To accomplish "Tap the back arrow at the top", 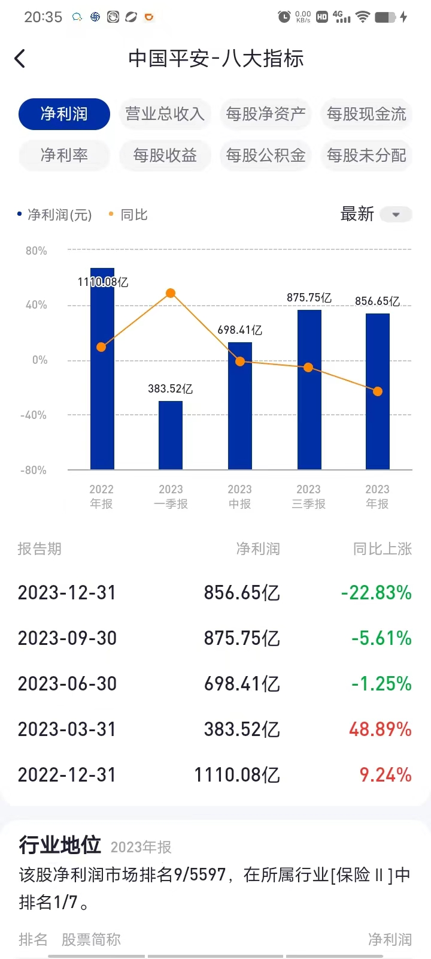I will pyautogui.click(x=20, y=59).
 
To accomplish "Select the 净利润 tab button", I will pyautogui.click(x=64, y=114).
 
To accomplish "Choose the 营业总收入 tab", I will pyautogui.click(x=165, y=114).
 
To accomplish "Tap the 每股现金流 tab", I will pyautogui.click(x=366, y=114).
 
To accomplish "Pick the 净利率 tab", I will pyautogui.click(x=64, y=155).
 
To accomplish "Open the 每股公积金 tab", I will pyautogui.click(x=266, y=155).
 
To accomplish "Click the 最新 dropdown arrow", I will pyautogui.click(x=396, y=215).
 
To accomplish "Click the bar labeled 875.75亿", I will pyautogui.click(x=309, y=390).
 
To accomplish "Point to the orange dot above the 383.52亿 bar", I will pyautogui.click(x=171, y=293).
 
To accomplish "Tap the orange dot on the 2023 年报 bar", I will pyautogui.click(x=378, y=391).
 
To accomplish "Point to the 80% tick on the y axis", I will pyautogui.click(x=36, y=251).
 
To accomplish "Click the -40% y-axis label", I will pyautogui.click(x=34, y=415).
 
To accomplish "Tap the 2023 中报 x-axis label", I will pyautogui.click(x=239, y=496).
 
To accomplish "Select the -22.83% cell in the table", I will pyautogui.click(x=377, y=593).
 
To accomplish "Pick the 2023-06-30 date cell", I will pyautogui.click(x=67, y=684).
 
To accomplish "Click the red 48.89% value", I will pyautogui.click(x=380, y=729).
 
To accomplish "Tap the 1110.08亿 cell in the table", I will pyautogui.click(x=237, y=775).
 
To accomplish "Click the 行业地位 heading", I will pyautogui.click(x=60, y=845).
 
